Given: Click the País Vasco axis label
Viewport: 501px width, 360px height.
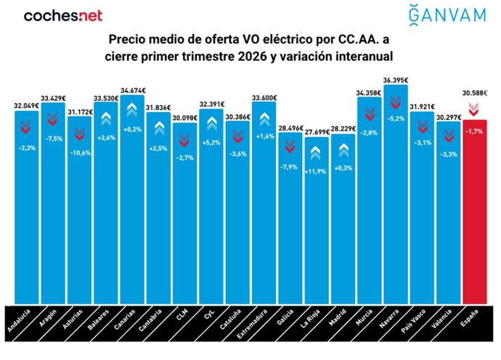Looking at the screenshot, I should pyautogui.click(x=418, y=324).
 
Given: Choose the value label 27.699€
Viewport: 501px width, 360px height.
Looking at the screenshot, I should pyautogui.click(x=317, y=131).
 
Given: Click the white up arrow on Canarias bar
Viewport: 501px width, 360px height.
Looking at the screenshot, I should pyautogui.click(x=132, y=110).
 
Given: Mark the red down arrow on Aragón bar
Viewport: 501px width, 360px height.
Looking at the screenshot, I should pyautogui.click(x=53, y=118).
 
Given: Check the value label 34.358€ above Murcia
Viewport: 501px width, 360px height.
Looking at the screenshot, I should pyautogui.click(x=370, y=92).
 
